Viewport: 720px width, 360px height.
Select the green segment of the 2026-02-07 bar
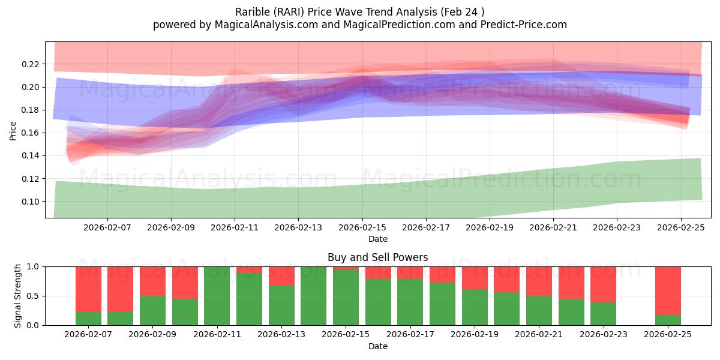pos(88,319)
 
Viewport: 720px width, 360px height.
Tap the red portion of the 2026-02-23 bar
pos(603,284)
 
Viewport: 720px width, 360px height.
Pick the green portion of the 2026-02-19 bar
pos(475,307)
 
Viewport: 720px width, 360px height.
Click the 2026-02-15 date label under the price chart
pos(362,228)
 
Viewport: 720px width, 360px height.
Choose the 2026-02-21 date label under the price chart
pos(553,228)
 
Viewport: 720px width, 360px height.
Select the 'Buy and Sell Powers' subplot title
pos(377,257)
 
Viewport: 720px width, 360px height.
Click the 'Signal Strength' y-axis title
pos(18,296)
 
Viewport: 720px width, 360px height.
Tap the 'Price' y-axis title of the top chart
pos(13,130)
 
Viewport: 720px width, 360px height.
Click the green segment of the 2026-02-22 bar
pos(571,312)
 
